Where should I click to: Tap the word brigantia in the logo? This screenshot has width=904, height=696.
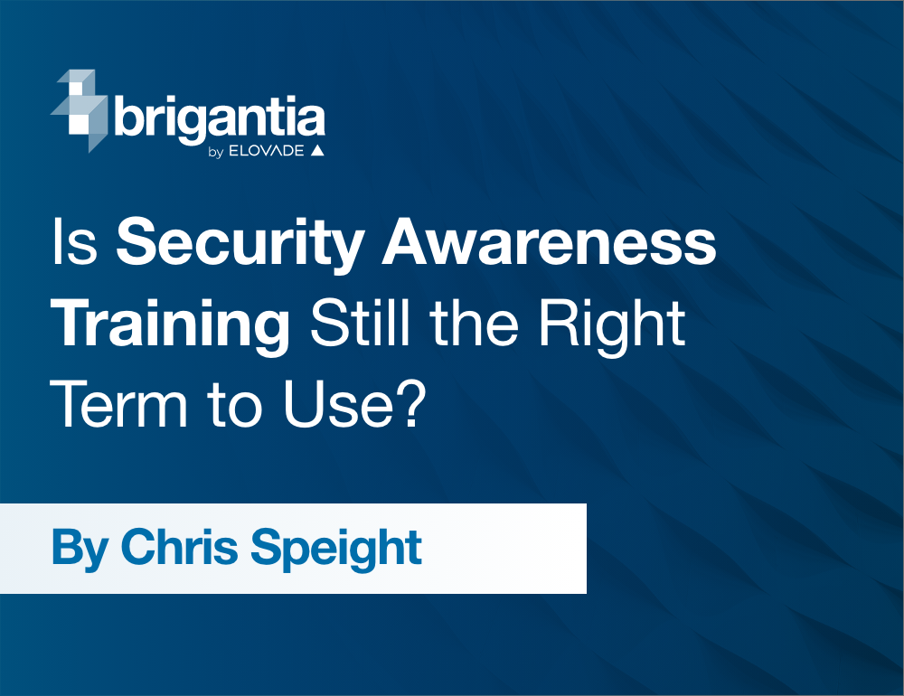[220, 119]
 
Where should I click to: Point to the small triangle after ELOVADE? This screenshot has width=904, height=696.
[316, 150]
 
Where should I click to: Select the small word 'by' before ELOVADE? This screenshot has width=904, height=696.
[215, 152]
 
